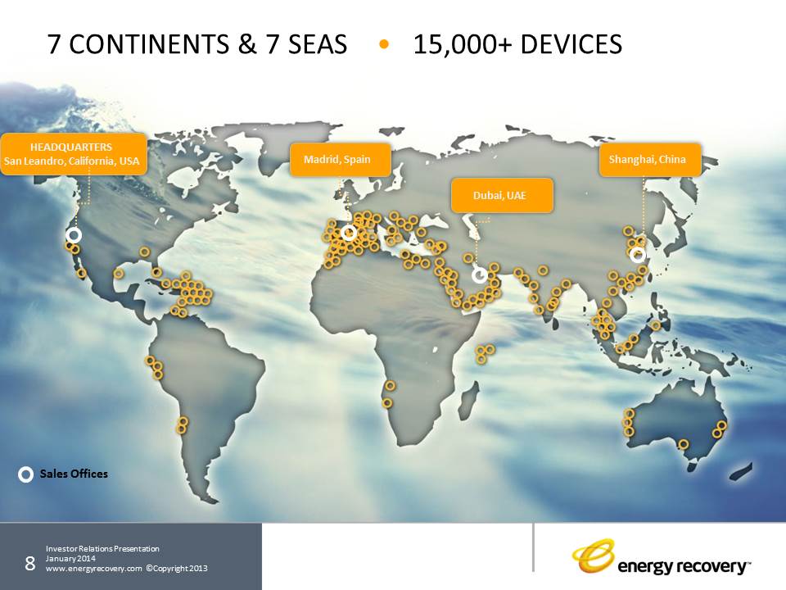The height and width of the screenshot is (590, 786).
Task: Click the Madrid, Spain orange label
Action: coord(341,160)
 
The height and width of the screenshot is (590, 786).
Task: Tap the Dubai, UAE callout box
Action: coord(502,195)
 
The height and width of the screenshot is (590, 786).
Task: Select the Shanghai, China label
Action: coord(649,160)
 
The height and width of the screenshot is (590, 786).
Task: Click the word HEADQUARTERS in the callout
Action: coord(71,147)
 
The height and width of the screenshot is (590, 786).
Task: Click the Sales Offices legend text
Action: coord(74,474)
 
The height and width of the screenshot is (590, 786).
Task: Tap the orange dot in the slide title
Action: coord(384,44)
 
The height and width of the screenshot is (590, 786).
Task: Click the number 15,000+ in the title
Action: coord(462,44)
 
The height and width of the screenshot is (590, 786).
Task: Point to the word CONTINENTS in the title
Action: coord(149,44)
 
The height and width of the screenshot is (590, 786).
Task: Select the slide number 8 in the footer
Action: coord(30,564)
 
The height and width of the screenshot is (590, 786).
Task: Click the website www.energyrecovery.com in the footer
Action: coord(94,569)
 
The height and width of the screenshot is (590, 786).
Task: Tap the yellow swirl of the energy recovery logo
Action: coord(594,556)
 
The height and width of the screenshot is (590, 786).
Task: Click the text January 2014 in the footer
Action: coord(70,558)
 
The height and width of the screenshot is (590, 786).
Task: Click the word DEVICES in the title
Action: coord(571,44)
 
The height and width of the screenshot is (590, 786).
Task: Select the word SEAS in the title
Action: coord(318,44)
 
